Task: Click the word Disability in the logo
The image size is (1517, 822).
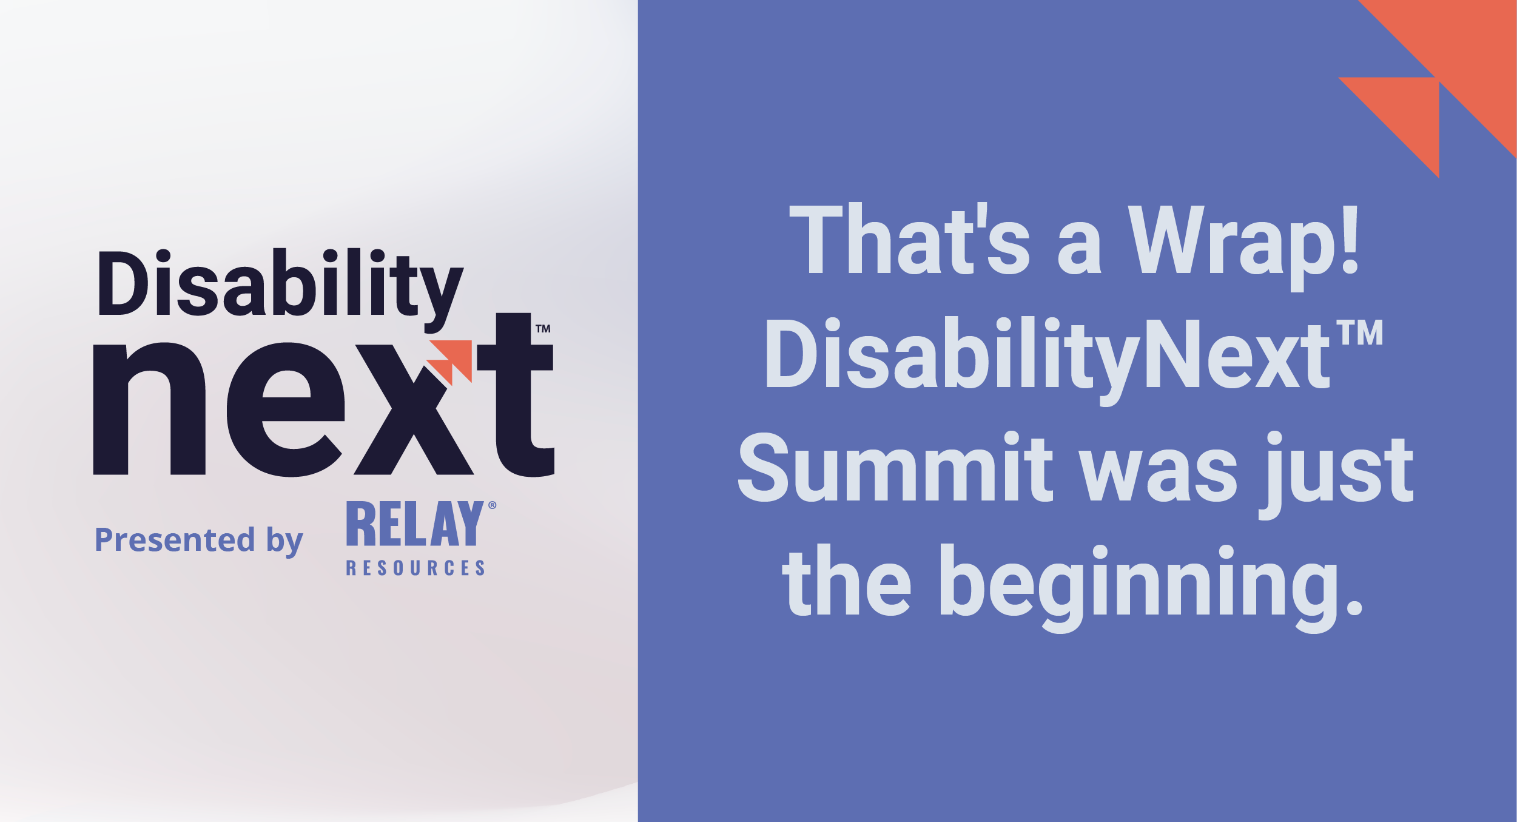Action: [279, 284]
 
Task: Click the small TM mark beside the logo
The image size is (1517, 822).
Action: [543, 329]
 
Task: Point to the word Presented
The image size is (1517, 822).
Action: [175, 539]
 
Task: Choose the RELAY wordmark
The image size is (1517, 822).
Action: [415, 524]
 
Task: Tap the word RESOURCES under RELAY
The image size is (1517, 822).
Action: [415, 568]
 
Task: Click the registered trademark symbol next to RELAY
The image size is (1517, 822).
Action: [492, 505]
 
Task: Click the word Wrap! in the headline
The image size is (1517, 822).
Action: [1243, 243]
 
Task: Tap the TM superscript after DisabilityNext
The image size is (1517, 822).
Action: [1361, 333]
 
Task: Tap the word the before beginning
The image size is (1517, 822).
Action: [846, 582]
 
